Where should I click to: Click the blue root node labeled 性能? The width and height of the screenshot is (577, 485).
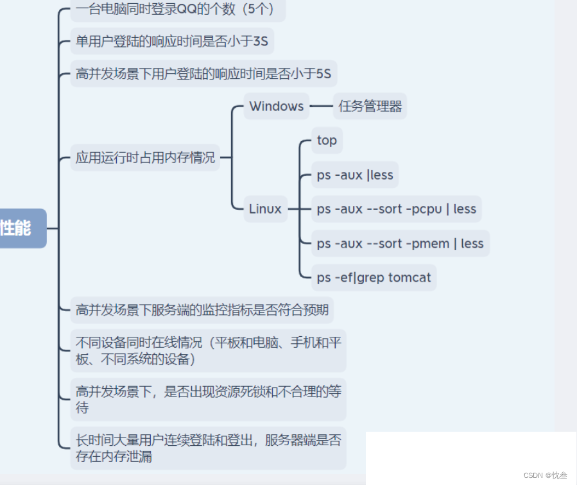(19, 228)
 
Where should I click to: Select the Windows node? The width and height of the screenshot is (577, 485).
(276, 106)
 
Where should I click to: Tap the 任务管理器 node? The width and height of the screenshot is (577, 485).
(370, 106)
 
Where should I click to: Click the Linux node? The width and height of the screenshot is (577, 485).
(265, 209)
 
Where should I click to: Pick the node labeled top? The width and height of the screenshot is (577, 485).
(327, 140)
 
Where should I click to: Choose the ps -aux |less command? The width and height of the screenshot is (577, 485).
(355, 175)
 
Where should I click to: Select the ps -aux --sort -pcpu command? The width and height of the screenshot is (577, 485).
(396, 209)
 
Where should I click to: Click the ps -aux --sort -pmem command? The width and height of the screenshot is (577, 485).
(400, 244)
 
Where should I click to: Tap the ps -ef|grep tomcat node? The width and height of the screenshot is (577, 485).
(374, 278)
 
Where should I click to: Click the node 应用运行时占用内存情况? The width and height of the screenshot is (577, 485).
(145, 157)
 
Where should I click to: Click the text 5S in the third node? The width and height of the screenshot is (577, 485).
(323, 74)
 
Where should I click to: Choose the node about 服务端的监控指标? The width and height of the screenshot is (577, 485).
(202, 311)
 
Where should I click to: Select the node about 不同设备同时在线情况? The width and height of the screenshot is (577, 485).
(208, 350)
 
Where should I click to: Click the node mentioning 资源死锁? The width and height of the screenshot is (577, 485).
(208, 399)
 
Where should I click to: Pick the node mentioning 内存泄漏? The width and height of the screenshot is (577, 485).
(208, 448)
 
